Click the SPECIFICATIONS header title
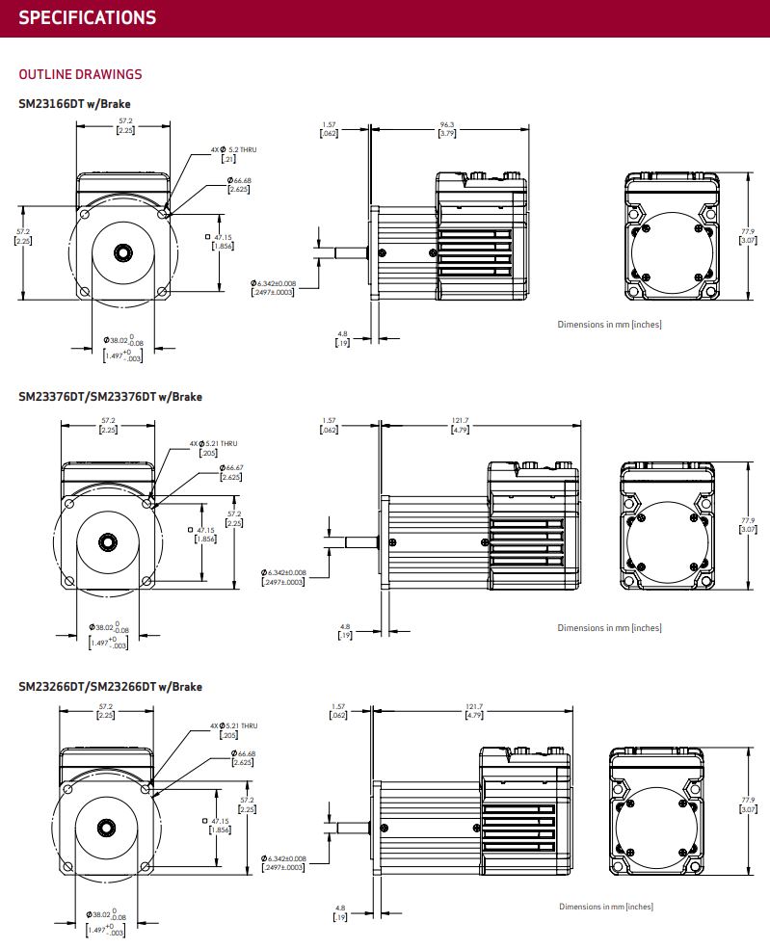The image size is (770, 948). point(87,17)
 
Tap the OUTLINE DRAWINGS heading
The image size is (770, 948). point(80,74)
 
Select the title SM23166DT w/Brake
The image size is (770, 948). point(74,104)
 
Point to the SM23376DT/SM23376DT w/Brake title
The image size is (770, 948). point(110,396)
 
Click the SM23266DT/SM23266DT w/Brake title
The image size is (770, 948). point(110,687)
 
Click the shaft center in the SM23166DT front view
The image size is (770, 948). point(123,252)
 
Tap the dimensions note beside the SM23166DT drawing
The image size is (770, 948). point(609,324)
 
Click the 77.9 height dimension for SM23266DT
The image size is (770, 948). point(748,804)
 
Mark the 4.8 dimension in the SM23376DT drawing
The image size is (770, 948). point(344,632)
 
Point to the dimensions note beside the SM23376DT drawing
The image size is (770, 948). point(609,628)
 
